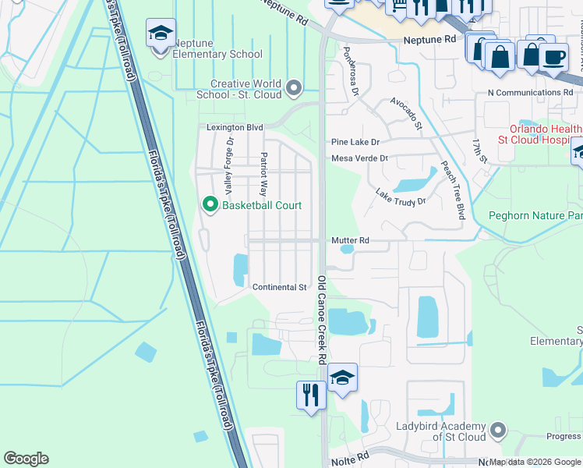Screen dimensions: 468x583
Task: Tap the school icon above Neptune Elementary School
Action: [x=161, y=34]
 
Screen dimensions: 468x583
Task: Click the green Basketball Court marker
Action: [x=209, y=205]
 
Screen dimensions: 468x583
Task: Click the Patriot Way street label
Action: [x=263, y=174]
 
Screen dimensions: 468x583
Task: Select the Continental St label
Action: [x=279, y=287]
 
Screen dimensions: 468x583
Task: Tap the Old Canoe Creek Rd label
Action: [x=321, y=320]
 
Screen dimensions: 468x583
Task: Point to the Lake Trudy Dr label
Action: [x=401, y=196]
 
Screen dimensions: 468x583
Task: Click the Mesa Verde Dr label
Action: [x=359, y=158]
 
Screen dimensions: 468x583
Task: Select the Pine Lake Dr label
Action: [x=355, y=142]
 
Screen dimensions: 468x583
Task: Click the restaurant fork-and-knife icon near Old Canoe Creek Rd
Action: [x=311, y=394]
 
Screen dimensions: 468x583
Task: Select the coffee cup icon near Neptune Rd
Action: [x=553, y=58]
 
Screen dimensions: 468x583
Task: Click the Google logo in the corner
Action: [x=26, y=459]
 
